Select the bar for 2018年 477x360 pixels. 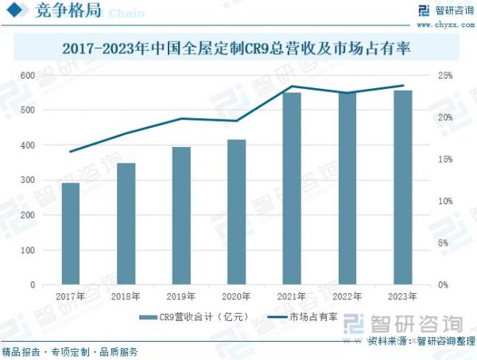point(126,224)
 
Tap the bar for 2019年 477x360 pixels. point(181,216)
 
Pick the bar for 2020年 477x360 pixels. point(237,212)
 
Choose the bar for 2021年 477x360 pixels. point(292,188)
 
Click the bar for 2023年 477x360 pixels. point(403,188)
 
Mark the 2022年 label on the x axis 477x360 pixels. point(347,296)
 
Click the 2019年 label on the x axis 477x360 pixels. point(181,296)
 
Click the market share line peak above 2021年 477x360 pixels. point(292,86)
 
